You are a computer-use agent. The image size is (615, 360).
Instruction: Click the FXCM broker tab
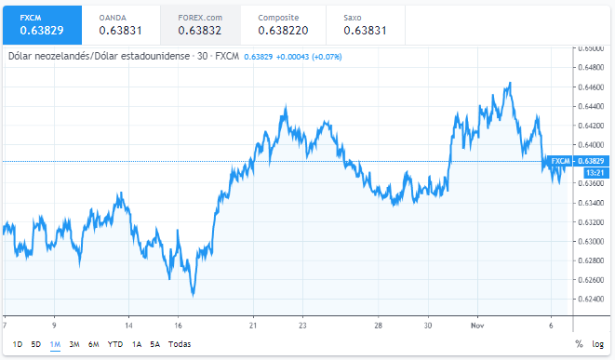pos(41,24)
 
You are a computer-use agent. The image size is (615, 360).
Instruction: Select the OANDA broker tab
pos(121,24)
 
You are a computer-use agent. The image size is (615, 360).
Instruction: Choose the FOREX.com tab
pos(200,24)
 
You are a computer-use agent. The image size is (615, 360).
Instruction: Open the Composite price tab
pos(281,24)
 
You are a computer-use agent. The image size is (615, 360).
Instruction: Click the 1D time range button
pos(18,344)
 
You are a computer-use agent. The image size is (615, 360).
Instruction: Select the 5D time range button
pos(35,344)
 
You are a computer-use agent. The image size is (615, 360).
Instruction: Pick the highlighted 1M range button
pos(55,344)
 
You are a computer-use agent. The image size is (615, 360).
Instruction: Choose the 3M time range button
pos(74,344)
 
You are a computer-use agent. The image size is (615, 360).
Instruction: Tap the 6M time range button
pos(94,344)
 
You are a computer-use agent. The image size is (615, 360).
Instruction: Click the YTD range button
pos(115,344)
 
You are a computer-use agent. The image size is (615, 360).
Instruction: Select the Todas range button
pos(180,344)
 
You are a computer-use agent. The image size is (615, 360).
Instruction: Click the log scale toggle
pos(597,344)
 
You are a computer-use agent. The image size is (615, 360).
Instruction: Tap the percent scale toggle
pos(579,344)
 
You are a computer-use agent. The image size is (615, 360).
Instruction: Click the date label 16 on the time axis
pos(177,325)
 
